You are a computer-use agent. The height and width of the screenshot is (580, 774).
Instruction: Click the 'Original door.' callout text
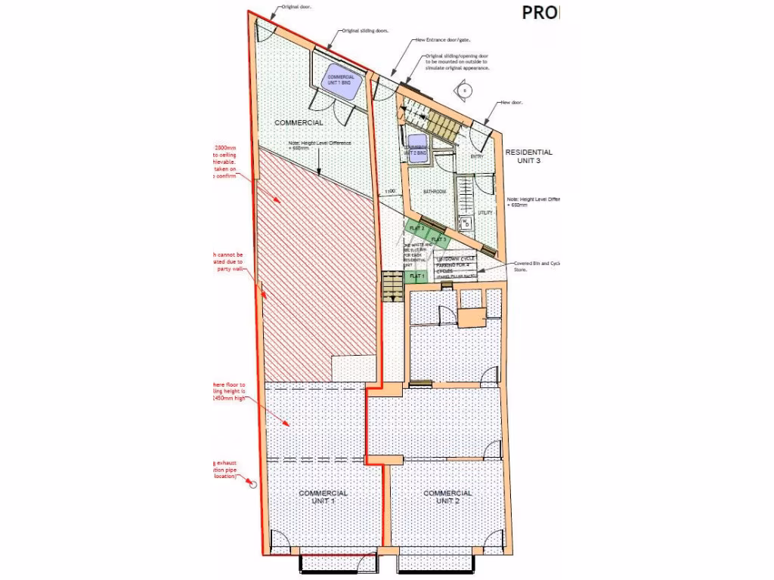pos(296,6)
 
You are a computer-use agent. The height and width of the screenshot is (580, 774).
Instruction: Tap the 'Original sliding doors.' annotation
pos(365,31)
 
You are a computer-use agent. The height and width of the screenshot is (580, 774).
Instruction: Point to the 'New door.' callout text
pos(512,102)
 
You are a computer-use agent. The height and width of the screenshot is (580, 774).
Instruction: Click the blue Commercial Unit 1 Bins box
pos(340,78)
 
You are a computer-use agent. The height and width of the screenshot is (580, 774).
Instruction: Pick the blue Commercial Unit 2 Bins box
pos(416,149)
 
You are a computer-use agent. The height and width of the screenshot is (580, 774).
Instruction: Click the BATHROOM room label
pos(434,193)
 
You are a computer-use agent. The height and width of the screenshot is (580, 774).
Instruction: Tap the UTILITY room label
pos(485,213)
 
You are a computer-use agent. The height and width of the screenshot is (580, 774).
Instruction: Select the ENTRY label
pos(477,156)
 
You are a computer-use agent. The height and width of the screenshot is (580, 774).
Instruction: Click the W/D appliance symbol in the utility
pos(466,223)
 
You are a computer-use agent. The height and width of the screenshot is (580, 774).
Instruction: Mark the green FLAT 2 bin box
pos(417,227)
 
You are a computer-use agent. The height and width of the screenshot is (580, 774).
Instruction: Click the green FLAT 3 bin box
pos(439,239)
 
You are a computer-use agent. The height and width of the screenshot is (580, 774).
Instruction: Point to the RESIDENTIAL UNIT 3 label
pos(528,156)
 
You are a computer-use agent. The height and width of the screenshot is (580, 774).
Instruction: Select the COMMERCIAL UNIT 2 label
pos(447,497)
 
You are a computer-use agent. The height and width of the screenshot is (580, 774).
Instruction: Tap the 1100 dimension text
pos(390,192)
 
